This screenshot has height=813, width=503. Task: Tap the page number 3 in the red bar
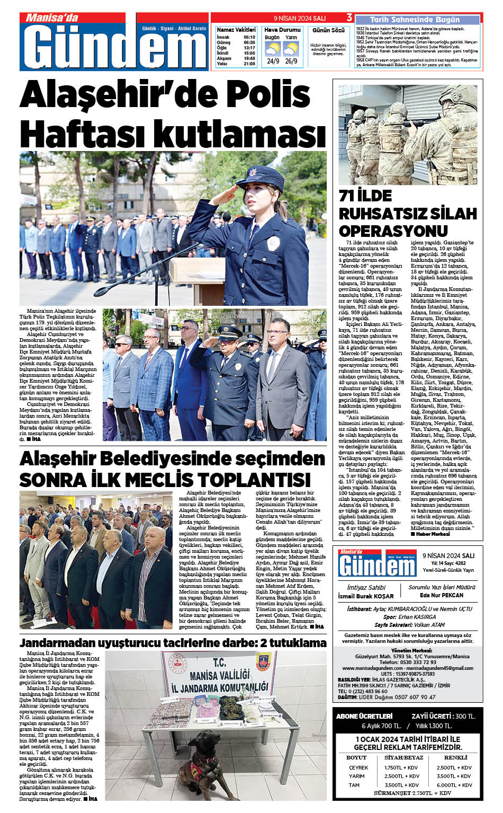(349, 17)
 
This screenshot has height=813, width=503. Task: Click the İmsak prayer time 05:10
(249, 37)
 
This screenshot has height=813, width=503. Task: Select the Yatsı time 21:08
(249, 64)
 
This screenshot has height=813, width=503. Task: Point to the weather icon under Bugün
(273, 49)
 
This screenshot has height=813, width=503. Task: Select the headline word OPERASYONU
(393, 231)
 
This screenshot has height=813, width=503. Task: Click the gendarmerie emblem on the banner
(263, 662)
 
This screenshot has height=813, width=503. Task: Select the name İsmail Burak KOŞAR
(366, 596)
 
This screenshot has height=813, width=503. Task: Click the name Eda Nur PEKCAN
(441, 595)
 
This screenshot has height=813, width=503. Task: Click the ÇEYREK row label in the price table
(358, 767)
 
